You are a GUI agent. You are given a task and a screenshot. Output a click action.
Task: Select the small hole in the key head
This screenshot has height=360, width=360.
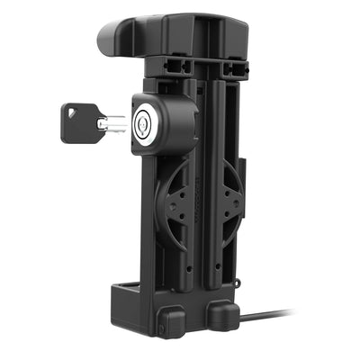coord(72,112)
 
